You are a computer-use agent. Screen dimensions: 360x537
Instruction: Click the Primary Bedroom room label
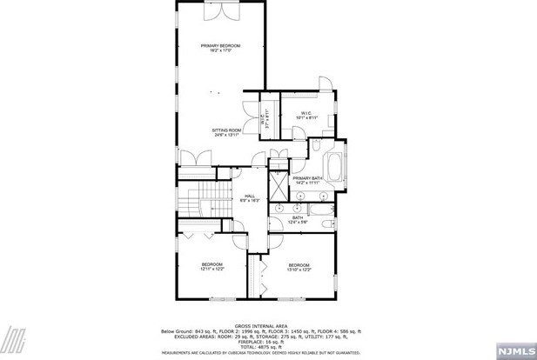[220, 48]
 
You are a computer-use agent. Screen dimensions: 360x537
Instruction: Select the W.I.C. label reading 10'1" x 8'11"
[306, 116]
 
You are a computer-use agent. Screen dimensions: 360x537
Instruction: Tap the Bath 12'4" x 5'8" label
[297, 220]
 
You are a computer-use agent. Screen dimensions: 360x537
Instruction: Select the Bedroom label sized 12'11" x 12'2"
[212, 267]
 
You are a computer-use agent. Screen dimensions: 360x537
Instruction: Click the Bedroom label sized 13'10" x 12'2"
[299, 267]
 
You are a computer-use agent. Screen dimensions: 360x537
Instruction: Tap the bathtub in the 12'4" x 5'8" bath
[319, 209]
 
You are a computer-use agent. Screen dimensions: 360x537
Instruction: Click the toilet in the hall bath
[326, 225]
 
